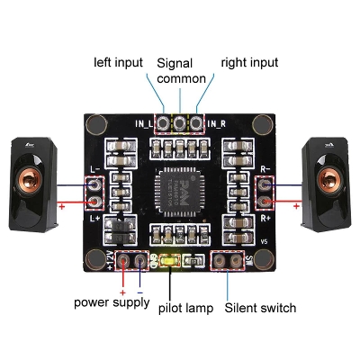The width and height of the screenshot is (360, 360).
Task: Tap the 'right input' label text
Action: tap(249, 62)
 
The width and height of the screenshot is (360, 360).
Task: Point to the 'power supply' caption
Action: tap(112, 302)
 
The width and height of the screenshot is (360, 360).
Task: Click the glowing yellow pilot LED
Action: tap(169, 263)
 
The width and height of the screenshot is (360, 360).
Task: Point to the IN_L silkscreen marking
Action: tap(144, 123)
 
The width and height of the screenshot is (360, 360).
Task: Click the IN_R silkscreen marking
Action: tap(215, 123)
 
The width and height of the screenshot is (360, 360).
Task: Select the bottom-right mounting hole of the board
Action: tap(263, 260)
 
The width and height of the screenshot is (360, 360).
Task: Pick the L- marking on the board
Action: tap(96, 167)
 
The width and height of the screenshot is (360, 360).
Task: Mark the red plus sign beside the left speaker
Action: tap(62, 206)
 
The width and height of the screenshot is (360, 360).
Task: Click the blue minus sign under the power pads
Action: tap(139, 292)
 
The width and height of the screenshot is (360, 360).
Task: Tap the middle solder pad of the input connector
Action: tap(180, 123)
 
